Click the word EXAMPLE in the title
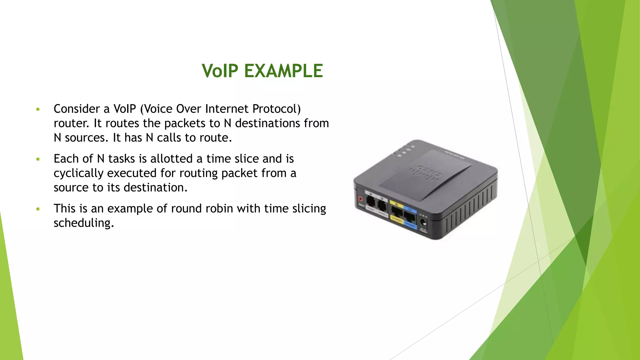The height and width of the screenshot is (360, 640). pos(283,71)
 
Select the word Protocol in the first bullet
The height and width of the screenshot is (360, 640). pos(276,109)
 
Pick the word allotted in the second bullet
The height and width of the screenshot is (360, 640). pos(172,159)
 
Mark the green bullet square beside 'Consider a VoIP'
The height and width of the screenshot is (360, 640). pos(38,109)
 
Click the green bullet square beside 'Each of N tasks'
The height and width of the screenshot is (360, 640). pos(38,159)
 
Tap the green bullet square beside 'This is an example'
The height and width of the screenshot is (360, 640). pos(38,209)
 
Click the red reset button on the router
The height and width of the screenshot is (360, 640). pos(361,199)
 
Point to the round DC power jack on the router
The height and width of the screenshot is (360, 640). pos(423,223)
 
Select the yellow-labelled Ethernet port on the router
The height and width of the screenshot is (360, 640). pos(397,212)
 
